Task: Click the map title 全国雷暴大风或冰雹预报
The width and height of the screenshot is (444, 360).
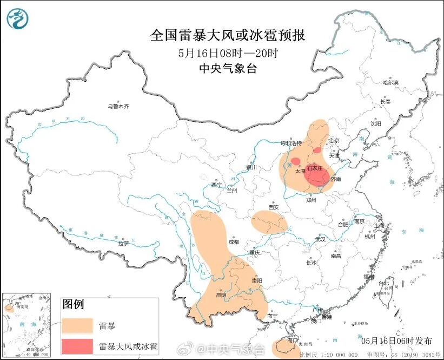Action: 227,36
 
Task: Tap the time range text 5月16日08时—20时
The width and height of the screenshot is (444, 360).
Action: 227,53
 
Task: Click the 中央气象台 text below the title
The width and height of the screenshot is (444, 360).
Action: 227,68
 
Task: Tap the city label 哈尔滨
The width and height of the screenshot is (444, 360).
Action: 390,83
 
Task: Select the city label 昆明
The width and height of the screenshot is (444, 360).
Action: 221,294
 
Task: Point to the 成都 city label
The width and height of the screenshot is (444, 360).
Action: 234,242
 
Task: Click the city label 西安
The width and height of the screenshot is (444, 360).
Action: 274,207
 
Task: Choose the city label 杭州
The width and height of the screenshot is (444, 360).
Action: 369,237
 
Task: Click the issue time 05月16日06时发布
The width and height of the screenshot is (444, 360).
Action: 397,341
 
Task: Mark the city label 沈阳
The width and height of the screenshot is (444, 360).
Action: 375,123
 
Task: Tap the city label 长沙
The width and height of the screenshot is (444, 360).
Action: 311,263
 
